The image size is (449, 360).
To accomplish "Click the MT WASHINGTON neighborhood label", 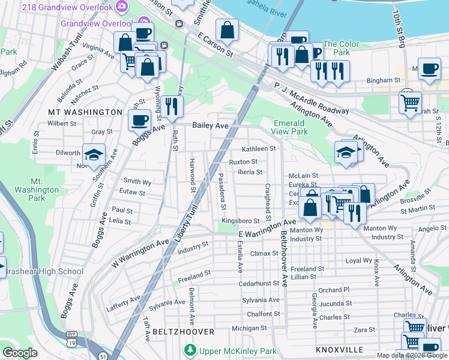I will click(x=85, y=112).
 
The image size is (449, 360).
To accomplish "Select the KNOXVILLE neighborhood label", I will click(x=339, y=349).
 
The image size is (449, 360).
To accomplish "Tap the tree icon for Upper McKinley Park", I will click(x=190, y=350).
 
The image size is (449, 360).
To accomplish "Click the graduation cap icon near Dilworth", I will click(x=94, y=155).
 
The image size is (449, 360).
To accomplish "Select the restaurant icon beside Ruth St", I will click(x=172, y=106).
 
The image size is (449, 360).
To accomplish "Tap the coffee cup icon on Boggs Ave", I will click(x=139, y=119).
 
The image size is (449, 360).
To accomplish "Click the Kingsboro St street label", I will click(x=240, y=221).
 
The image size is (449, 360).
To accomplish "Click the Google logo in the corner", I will click(x=20, y=353).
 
